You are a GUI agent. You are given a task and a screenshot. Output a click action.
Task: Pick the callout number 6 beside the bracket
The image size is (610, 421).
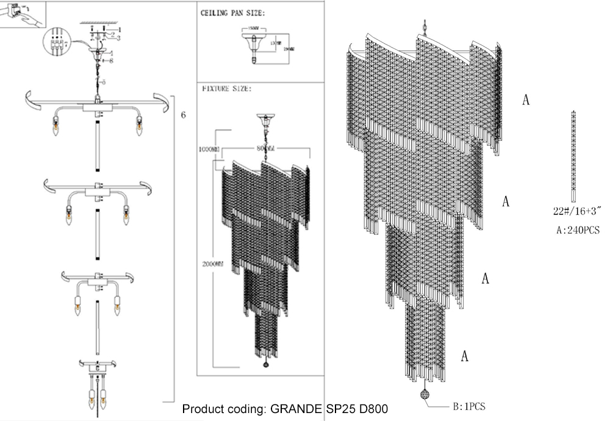tap(184, 115)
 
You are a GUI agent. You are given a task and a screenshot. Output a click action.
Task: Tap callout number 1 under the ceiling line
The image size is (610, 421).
tap(120, 29)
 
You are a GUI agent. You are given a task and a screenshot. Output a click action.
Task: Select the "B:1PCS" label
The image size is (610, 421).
tap(468, 405)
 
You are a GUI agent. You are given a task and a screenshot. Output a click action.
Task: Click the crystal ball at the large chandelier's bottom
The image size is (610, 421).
tap(425, 394)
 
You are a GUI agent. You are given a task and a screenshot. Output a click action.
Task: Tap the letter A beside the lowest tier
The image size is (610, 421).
tap(465, 356)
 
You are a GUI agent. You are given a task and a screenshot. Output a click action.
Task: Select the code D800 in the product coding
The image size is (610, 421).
tap(372, 408)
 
